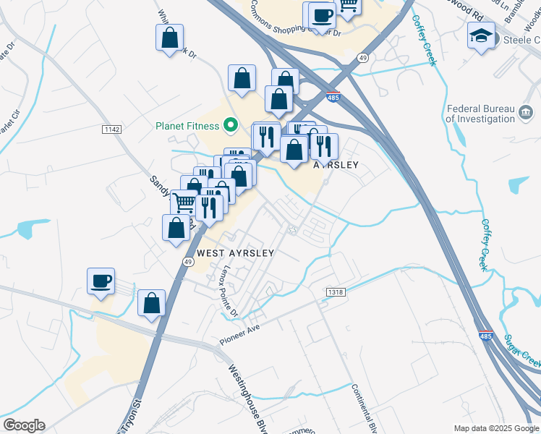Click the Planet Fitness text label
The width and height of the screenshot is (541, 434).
[x=187, y=126]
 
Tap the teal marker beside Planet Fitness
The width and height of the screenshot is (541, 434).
[x=231, y=126]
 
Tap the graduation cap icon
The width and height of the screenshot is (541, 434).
[x=481, y=35]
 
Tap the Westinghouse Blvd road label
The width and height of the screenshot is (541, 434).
[x=246, y=399]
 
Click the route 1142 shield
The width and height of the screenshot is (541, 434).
[x=111, y=129]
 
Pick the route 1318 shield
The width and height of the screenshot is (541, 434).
[x=335, y=292]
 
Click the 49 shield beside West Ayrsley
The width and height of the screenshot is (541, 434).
[x=187, y=262]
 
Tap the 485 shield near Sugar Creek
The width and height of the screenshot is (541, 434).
[x=486, y=336]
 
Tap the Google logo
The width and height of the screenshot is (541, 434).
[x=24, y=425]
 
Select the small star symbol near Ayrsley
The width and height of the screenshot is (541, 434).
[x=293, y=231]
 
